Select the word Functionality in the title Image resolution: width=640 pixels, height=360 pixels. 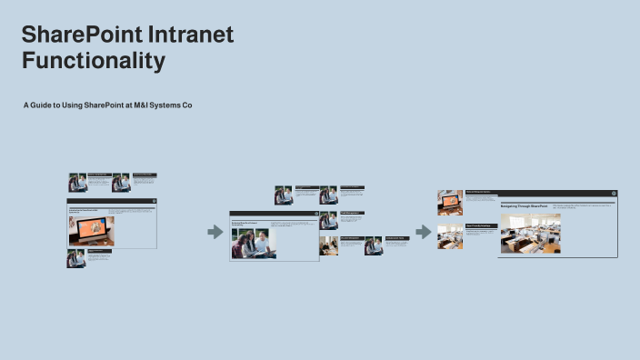point(94,62)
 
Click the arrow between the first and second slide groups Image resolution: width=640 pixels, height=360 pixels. point(215,232)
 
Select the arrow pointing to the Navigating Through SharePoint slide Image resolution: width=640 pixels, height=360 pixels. point(424,232)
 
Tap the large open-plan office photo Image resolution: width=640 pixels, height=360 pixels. point(531,233)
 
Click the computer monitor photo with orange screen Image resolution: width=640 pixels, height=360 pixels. point(90,231)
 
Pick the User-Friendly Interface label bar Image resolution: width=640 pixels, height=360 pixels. point(481,225)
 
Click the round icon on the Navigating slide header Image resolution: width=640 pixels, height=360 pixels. point(614,193)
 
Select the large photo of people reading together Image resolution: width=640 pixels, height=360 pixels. point(254,243)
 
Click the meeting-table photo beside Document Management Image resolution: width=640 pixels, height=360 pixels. point(328,245)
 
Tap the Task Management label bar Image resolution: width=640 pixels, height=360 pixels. point(352,213)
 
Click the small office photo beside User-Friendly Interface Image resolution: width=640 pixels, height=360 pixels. point(450,236)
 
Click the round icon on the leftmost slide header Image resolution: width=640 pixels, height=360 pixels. point(154,200)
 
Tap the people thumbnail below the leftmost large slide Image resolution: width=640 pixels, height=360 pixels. point(75,258)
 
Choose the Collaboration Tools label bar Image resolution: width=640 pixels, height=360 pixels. point(395,238)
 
